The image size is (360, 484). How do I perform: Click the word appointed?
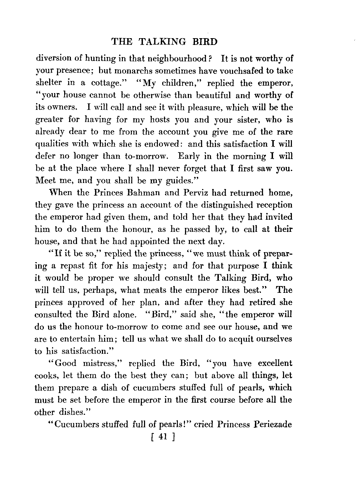coord(147,241)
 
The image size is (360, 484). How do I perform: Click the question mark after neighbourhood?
coord(211,58)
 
